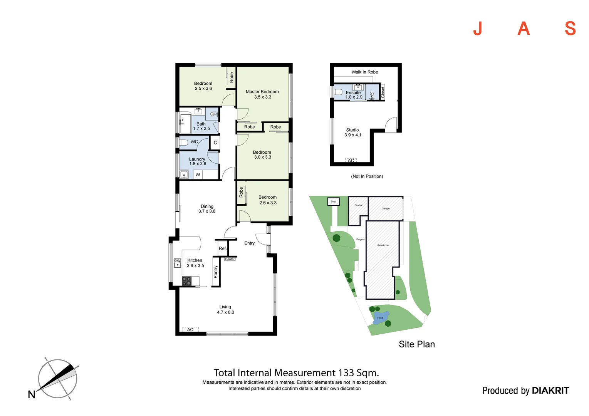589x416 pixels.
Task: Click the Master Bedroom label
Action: coord(262,92)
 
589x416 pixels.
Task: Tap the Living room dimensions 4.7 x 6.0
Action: coord(225,312)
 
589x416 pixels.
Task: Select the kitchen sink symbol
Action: coord(177,263)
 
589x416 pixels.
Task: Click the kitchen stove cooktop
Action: coord(186,281)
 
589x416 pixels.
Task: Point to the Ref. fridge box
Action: coord(223,248)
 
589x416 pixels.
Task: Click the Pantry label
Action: coord(216,272)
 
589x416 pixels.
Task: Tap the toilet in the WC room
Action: coord(183,142)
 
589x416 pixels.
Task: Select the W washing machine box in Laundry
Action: coord(198,174)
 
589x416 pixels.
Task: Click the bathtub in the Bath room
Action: coord(185,122)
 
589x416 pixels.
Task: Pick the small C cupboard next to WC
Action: coord(215,143)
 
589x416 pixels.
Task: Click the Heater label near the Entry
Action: coord(230,259)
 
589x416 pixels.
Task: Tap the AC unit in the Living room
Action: coord(190,329)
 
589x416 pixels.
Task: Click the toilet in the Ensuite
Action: coord(338,92)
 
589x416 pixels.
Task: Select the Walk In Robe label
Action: coord(364,72)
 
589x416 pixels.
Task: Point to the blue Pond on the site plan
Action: coord(381,318)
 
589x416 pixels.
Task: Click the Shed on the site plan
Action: coord(334,201)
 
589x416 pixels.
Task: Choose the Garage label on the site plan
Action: coord(386,208)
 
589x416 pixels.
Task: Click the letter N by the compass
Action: coord(32,395)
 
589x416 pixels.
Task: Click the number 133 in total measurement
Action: coord(346,373)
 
